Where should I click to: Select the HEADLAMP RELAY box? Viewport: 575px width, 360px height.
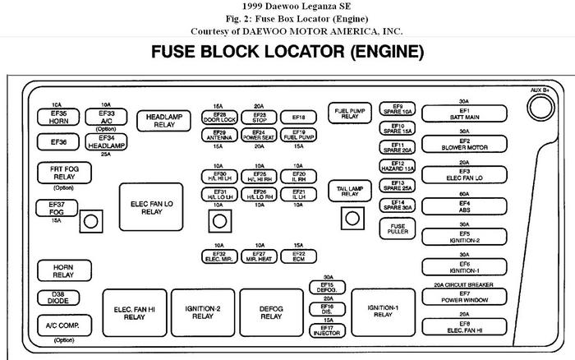click(x=163, y=121)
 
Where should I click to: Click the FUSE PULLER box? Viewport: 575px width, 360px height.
click(x=398, y=228)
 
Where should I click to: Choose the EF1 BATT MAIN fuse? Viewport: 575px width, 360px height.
click(x=463, y=113)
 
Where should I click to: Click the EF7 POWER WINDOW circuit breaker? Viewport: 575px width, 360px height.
click(x=463, y=298)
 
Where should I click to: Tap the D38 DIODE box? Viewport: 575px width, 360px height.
click(x=57, y=298)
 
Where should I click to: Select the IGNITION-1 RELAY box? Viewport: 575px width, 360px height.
click(x=384, y=312)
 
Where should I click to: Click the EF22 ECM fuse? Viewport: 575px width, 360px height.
click(x=299, y=257)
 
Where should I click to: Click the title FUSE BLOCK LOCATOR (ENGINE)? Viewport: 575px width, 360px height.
click(x=287, y=53)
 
